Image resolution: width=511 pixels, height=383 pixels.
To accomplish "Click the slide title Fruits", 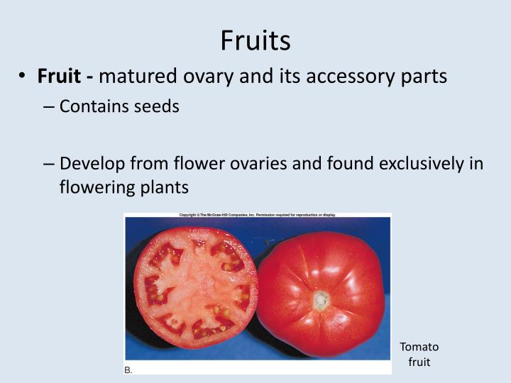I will tap(255, 40).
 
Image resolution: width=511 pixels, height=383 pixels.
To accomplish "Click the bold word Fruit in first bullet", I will tap(60, 76).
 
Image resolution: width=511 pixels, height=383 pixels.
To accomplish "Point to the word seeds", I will tap(159, 107).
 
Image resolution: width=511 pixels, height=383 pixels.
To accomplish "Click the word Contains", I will tap(94, 107).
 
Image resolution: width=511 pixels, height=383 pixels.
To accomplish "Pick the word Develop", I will tap(92, 165).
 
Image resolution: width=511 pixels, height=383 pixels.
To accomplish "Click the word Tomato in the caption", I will tap(419, 347).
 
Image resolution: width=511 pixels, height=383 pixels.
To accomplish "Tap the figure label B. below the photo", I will tap(128, 370).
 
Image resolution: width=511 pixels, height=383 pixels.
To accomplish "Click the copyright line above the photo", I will tap(258, 214).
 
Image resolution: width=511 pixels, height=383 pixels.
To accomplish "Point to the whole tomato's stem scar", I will tap(321, 300).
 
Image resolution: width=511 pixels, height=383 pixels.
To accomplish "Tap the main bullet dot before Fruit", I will tap(23, 77).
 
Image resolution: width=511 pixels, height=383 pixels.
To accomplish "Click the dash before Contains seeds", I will tap(49, 108).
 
